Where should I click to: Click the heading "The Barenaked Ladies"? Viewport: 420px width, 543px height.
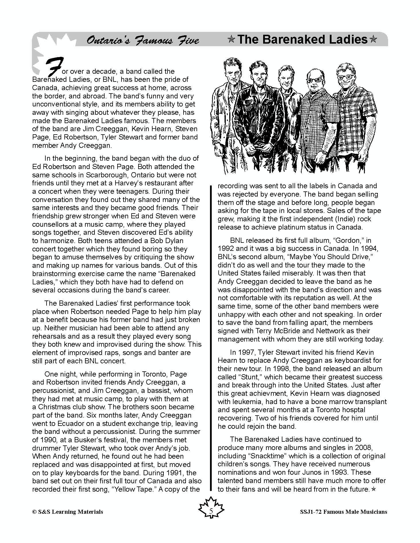(x=303, y=39)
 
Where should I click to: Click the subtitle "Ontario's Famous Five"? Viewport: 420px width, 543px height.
(x=142, y=40)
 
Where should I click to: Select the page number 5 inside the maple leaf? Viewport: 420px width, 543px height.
(x=211, y=511)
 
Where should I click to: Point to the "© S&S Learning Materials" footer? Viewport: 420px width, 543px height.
(x=68, y=511)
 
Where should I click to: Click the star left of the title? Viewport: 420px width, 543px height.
(x=231, y=40)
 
